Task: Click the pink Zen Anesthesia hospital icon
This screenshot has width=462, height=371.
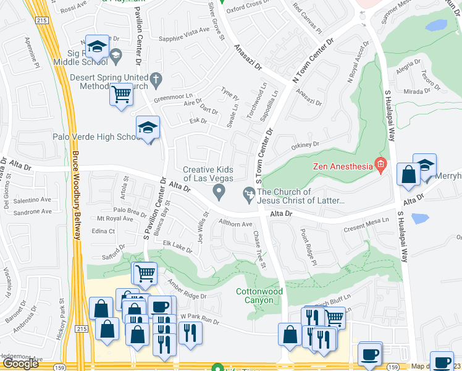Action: pyautogui.click(x=380, y=165)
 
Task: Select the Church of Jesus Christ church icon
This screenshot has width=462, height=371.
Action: pyautogui.click(x=248, y=196)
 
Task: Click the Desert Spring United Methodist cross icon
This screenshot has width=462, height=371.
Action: pyautogui.click(x=156, y=79)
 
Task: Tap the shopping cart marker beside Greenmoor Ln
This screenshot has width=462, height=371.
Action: pyautogui.click(x=122, y=95)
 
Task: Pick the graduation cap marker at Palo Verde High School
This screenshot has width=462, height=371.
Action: pyautogui.click(x=148, y=127)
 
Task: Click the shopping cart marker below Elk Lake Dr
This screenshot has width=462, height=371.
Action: pyautogui.click(x=145, y=273)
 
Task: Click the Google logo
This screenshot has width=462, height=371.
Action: pyautogui.click(x=20, y=364)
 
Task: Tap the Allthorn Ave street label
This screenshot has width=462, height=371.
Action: pyautogui.click(x=235, y=224)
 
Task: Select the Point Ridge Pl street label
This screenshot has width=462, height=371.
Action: pyautogui.click(x=308, y=244)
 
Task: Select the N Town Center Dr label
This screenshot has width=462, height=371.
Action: pyautogui.click(x=313, y=61)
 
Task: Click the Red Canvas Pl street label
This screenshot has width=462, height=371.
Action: pyautogui.click(x=307, y=19)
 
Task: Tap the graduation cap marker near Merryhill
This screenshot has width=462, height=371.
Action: pyautogui.click(x=424, y=166)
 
